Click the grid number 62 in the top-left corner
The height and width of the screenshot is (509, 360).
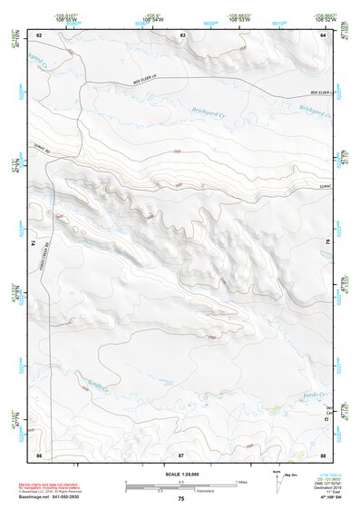click(38, 34)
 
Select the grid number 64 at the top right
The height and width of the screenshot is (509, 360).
click(324, 34)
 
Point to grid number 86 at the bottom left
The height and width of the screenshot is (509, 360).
click(38, 453)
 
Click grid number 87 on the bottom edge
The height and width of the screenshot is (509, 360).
click(180, 453)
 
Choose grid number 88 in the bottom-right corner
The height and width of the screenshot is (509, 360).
click(324, 453)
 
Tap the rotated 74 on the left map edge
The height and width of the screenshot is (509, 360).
click(34, 243)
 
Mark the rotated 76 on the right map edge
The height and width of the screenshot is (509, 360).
click(328, 243)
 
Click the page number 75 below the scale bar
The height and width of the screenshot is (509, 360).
click(181, 500)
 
